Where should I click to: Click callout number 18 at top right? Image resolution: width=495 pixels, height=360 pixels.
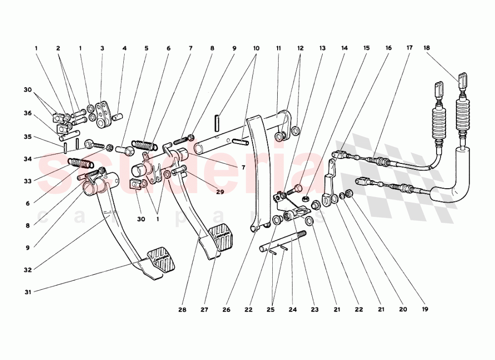(427, 48)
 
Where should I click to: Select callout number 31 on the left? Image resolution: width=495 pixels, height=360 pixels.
(28, 292)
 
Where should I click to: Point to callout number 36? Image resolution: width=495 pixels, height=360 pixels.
(28, 113)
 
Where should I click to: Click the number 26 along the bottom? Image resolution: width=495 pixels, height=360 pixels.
(226, 310)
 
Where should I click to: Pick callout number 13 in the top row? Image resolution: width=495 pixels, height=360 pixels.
(322, 48)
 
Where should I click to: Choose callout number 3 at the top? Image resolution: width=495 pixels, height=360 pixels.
(102, 48)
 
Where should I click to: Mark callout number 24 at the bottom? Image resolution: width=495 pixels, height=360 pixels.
(292, 310)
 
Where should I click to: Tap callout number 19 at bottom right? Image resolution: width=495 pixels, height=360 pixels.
(425, 310)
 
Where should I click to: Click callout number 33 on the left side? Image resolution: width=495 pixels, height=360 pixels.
(28, 181)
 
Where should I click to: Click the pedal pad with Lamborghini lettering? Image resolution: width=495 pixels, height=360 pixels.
(160, 258)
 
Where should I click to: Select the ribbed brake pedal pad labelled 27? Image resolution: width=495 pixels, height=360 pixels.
(221, 237)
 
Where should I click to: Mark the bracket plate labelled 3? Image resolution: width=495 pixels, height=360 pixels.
(104, 114)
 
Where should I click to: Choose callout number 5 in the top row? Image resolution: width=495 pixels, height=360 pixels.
(147, 48)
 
